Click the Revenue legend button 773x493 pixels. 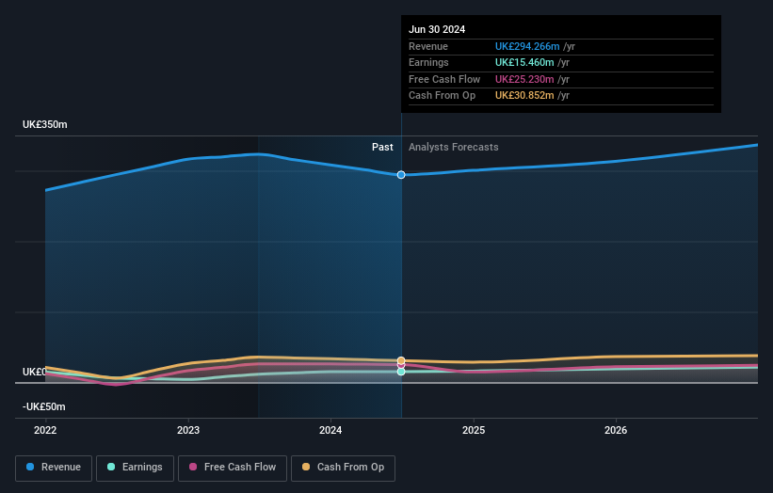(54, 467)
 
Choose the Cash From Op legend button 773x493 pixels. (343, 467)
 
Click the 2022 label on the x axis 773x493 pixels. (45, 430)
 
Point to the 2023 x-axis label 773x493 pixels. (188, 430)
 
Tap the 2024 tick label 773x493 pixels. (330, 430)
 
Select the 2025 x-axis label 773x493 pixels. (474, 430)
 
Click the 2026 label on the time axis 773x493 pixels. (616, 430)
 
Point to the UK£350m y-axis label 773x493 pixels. (45, 125)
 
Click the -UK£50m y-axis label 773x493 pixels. (43, 406)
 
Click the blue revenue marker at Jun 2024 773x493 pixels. (401, 175)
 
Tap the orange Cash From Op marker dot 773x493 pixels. (401, 360)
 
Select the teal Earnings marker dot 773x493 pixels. (401, 372)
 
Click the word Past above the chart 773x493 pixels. (382, 147)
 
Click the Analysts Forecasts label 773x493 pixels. (454, 147)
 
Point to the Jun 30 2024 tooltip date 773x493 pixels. (437, 30)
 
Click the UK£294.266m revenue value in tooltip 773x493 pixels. (527, 47)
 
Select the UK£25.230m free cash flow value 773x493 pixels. (524, 79)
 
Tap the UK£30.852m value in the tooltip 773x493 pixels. (524, 95)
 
